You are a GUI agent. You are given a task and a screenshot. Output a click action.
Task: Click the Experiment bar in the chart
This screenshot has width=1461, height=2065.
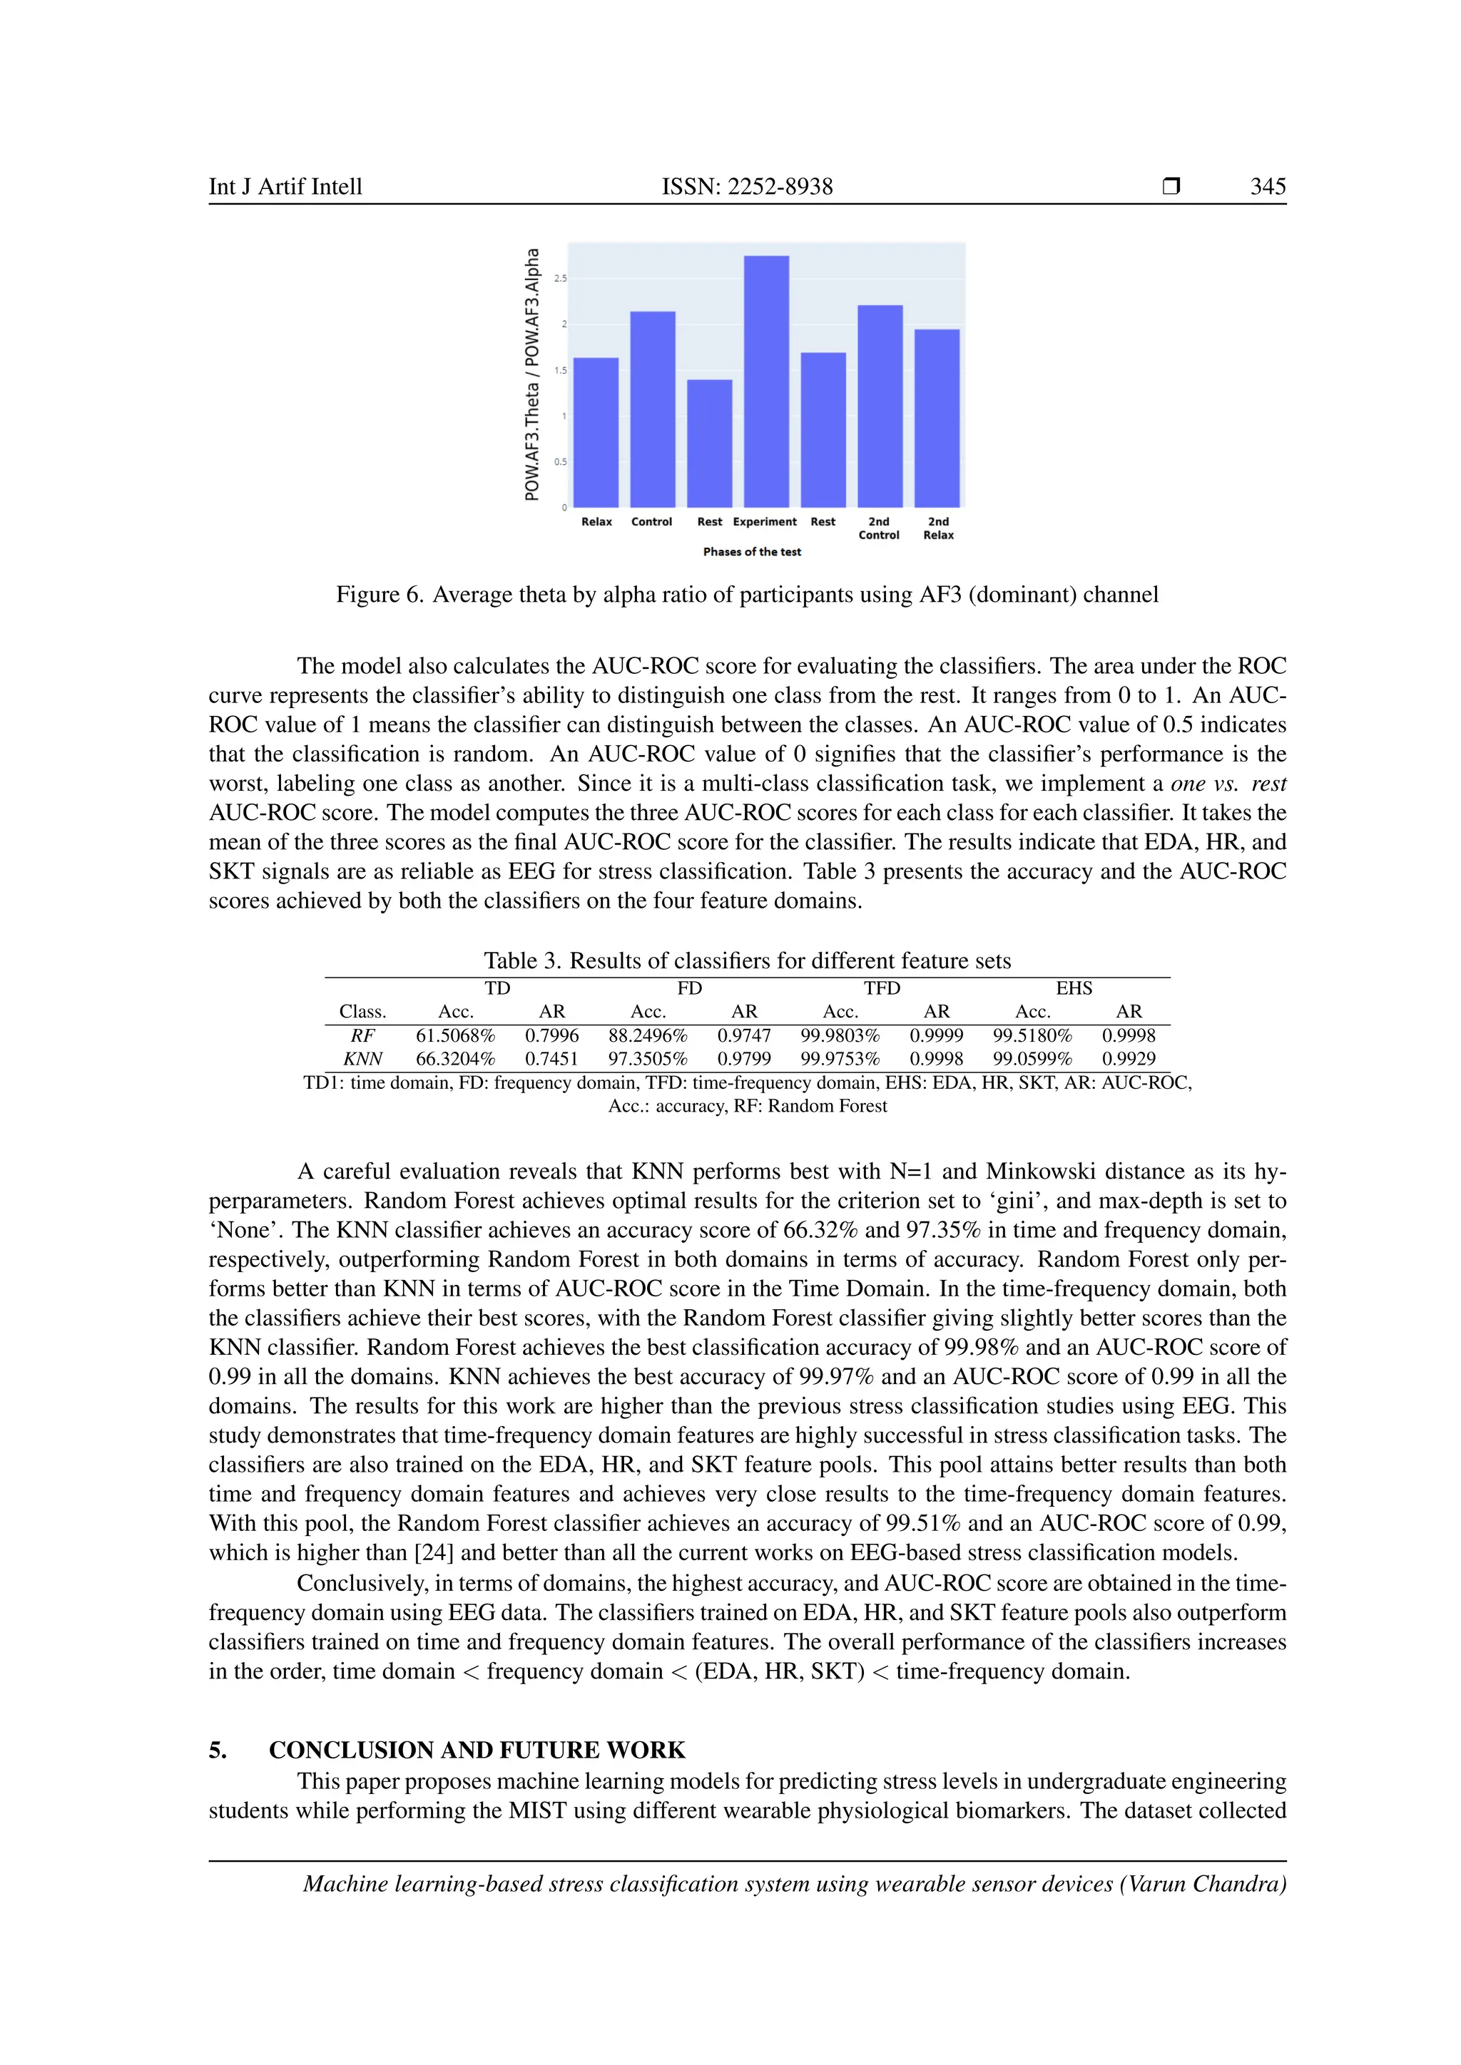765,381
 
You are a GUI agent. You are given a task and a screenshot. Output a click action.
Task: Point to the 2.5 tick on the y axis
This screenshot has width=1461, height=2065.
561,279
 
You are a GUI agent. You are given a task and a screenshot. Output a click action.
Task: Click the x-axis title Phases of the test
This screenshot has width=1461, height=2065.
751,551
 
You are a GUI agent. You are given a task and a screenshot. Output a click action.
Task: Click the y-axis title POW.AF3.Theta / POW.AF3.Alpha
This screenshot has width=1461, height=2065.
533,374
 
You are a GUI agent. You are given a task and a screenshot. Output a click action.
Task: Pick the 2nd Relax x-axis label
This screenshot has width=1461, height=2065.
937,528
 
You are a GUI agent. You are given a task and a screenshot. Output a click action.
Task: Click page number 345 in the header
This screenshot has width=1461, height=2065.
1268,186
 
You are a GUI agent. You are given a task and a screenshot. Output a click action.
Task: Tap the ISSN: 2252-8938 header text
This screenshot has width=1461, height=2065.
747,186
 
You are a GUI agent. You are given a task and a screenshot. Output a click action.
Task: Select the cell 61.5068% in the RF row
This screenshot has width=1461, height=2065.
455,1035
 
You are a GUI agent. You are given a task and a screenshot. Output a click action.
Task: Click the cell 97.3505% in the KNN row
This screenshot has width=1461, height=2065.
648,1059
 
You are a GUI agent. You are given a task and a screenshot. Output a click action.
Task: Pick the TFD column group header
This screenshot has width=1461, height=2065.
882,988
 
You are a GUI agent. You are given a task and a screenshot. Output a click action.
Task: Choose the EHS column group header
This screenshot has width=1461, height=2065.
1074,988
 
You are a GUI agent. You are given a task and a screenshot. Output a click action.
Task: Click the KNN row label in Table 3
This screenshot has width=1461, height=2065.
362,1059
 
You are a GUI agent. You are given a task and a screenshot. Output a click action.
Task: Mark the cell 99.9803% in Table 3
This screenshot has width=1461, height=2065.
840,1035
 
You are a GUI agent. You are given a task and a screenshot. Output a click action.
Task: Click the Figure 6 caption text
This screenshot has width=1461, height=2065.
747,595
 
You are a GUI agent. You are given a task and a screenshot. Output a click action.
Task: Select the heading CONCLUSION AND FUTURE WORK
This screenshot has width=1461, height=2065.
477,1749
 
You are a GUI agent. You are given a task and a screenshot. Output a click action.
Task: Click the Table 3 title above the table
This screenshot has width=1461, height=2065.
747,960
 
